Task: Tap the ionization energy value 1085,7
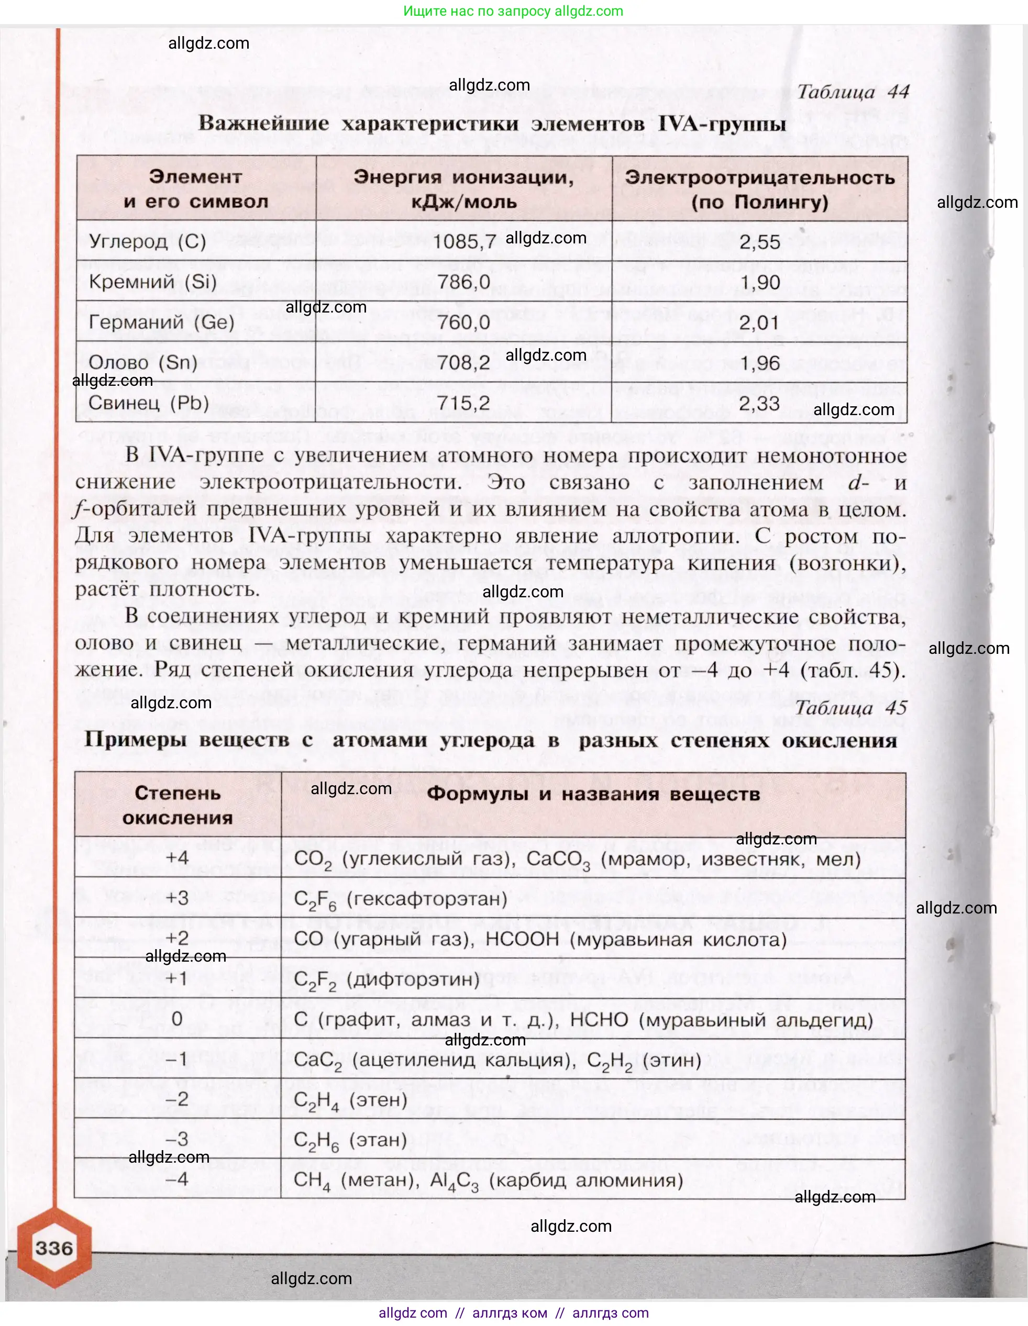coord(464,242)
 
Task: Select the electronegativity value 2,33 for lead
coord(759,403)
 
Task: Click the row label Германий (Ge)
coord(161,322)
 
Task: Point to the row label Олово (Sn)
coord(143,362)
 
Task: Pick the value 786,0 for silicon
coord(464,282)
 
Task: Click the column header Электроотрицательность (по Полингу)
coord(760,190)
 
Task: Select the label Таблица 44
coord(853,92)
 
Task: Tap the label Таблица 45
coord(850,707)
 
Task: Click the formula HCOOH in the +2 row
coord(522,939)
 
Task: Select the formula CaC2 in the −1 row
coord(317,1060)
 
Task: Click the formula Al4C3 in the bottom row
coord(454,1181)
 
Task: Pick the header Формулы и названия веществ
coord(593,794)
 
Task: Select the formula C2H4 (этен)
coord(350,1100)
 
